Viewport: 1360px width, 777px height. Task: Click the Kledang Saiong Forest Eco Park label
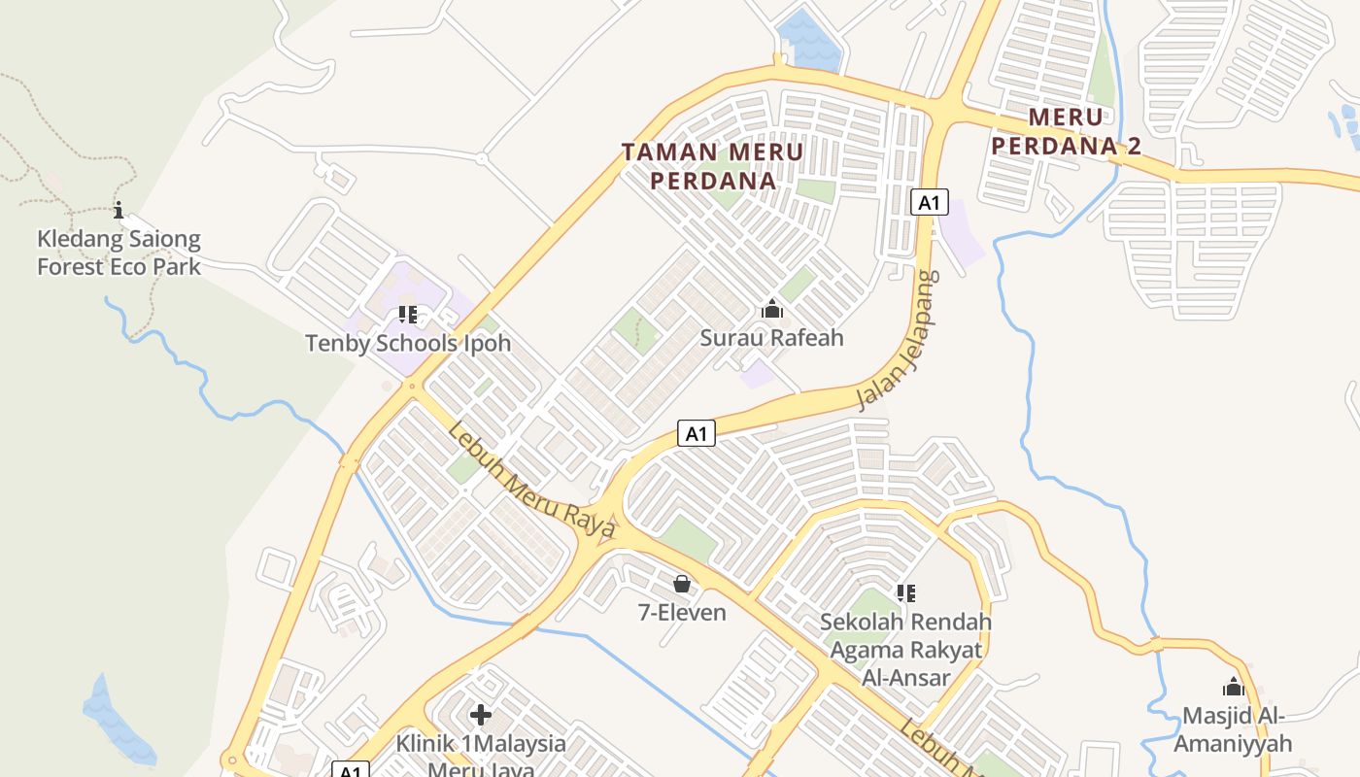coord(119,253)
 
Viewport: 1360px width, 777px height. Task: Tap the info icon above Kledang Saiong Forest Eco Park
coord(119,210)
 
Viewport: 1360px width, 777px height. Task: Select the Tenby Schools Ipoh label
coord(408,343)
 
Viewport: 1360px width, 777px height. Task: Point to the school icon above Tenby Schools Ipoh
coord(408,315)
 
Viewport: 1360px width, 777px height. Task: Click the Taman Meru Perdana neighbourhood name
coord(713,166)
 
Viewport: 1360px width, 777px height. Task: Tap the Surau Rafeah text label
coord(772,338)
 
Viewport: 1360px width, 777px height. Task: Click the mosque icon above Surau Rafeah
coord(772,310)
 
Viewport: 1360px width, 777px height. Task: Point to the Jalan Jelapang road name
coord(900,340)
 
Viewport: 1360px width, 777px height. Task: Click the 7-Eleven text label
coord(682,612)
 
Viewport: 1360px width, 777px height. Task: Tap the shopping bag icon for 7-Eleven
coord(682,584)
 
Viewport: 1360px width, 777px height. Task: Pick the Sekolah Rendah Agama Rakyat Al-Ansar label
coord(905,649)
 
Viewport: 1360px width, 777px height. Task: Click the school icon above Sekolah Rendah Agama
coord(905,592)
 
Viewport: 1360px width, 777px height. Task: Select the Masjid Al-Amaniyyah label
coord(1234,729)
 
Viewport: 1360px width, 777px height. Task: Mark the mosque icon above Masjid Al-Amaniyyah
coord(1234,688)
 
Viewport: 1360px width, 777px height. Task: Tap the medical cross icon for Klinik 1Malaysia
coord(481,716)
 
